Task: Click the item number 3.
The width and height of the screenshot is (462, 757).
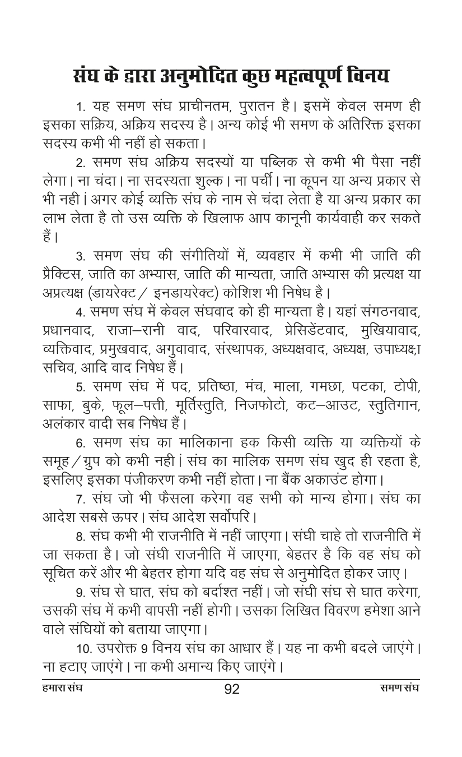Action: click(x=80, y=257)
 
